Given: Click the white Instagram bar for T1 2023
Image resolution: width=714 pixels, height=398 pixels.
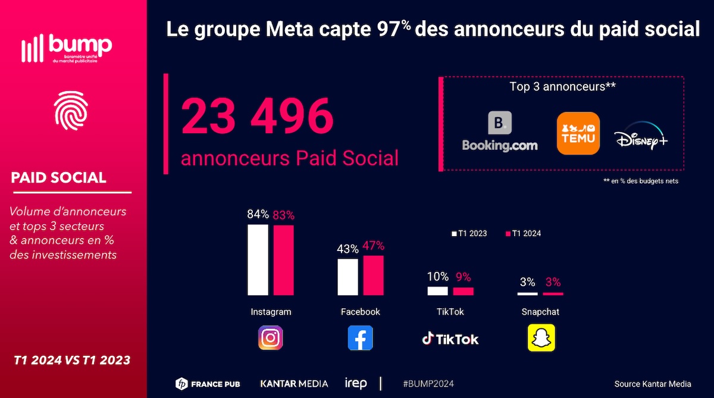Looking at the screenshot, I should tap(258, 259).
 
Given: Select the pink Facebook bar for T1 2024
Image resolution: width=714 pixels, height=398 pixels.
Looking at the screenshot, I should tap(373, 275).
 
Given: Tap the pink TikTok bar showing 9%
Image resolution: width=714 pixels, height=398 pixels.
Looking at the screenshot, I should tap(463, 292).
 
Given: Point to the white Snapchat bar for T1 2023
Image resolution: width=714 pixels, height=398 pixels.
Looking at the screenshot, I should tap(527, 294).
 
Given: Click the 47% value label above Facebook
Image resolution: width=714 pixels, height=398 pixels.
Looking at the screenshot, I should tap(373, 246).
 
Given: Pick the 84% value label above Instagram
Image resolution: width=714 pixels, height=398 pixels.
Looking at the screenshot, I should tap(258, 214).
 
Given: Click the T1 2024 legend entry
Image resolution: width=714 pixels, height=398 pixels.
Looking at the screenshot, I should tap(524, 233).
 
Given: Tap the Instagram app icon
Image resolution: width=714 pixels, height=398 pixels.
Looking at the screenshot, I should tap(270, 338).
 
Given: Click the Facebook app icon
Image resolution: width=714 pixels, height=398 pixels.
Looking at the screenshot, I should tap(360, 338).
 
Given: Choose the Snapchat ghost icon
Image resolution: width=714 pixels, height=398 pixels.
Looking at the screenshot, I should tap(541, 338).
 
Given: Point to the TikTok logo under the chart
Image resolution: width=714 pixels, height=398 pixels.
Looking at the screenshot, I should tap(450, 339).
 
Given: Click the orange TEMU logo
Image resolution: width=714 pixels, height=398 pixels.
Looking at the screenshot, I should tap(578, 133).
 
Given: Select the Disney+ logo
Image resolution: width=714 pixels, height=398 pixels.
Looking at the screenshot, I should tap(641, 137).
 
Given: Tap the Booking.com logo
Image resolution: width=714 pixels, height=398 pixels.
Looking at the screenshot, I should tap(500, 132).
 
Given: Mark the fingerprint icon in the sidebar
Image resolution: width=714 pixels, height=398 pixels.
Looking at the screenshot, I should tap(71, 111).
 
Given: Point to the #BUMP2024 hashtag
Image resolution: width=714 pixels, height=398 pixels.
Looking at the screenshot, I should tap(428, 384).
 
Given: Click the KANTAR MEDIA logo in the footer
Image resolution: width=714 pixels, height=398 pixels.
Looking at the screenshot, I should tap(294, 384).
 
